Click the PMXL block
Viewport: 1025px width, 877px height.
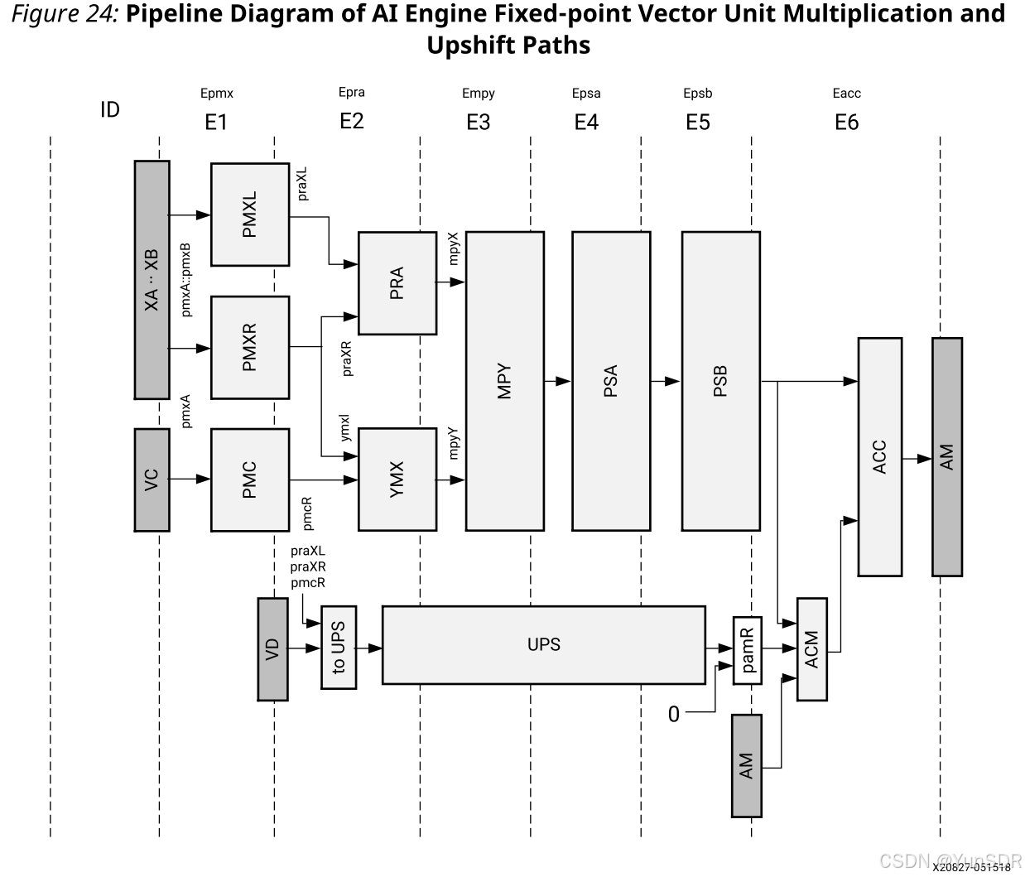[250, 214]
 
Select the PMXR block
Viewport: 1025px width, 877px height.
[250, 347]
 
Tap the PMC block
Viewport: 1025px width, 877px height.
[250, 479]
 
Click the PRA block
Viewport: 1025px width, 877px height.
[397, 283]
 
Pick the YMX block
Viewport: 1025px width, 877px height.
[397, 479]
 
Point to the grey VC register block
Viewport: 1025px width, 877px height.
[152, 479]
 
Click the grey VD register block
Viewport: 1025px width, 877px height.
[273, 649]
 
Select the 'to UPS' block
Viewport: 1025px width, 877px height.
[339, 648]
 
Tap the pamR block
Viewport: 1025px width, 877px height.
[748, 650]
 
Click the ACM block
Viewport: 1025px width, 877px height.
[811, 649]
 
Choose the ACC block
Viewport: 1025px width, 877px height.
[879, 456]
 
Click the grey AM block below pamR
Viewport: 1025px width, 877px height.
[746, 765]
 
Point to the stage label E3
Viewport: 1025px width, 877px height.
[478, 123]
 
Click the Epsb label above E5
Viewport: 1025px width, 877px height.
[697, 94]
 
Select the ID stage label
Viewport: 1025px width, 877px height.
[110, 110]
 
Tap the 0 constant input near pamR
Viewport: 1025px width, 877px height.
[674, 714]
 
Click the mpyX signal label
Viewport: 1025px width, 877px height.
[453, 248]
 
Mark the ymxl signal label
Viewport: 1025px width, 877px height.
[345, 428]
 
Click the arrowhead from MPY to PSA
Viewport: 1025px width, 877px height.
[563, 381]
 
